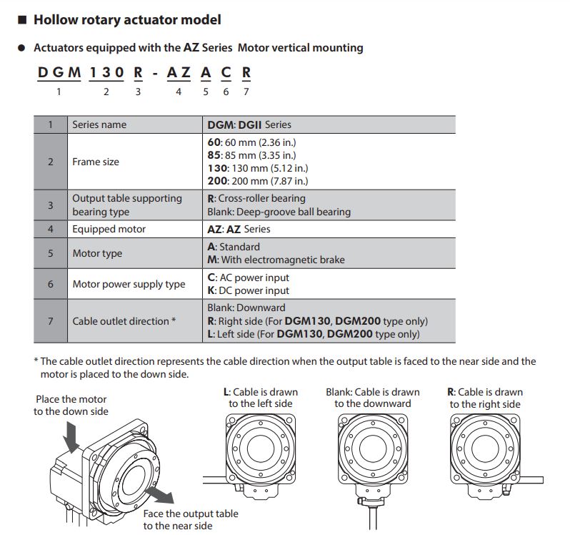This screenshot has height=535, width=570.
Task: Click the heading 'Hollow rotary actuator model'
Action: pos(126,20)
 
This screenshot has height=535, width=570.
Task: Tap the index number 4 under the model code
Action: pos(179,91)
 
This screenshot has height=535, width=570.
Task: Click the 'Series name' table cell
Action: pos(99,124)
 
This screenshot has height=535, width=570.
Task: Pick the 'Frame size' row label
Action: pos(96,162)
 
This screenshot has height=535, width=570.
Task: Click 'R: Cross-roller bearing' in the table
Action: pos(256,198)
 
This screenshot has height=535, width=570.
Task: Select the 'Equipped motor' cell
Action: pos(109,229)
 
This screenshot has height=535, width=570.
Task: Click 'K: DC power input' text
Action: pos(248,290)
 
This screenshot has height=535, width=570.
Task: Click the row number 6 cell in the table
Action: pos(51,284)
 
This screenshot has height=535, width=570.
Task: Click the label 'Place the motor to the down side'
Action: pos(71,405)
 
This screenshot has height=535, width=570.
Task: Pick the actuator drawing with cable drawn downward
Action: pos(372,458)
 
